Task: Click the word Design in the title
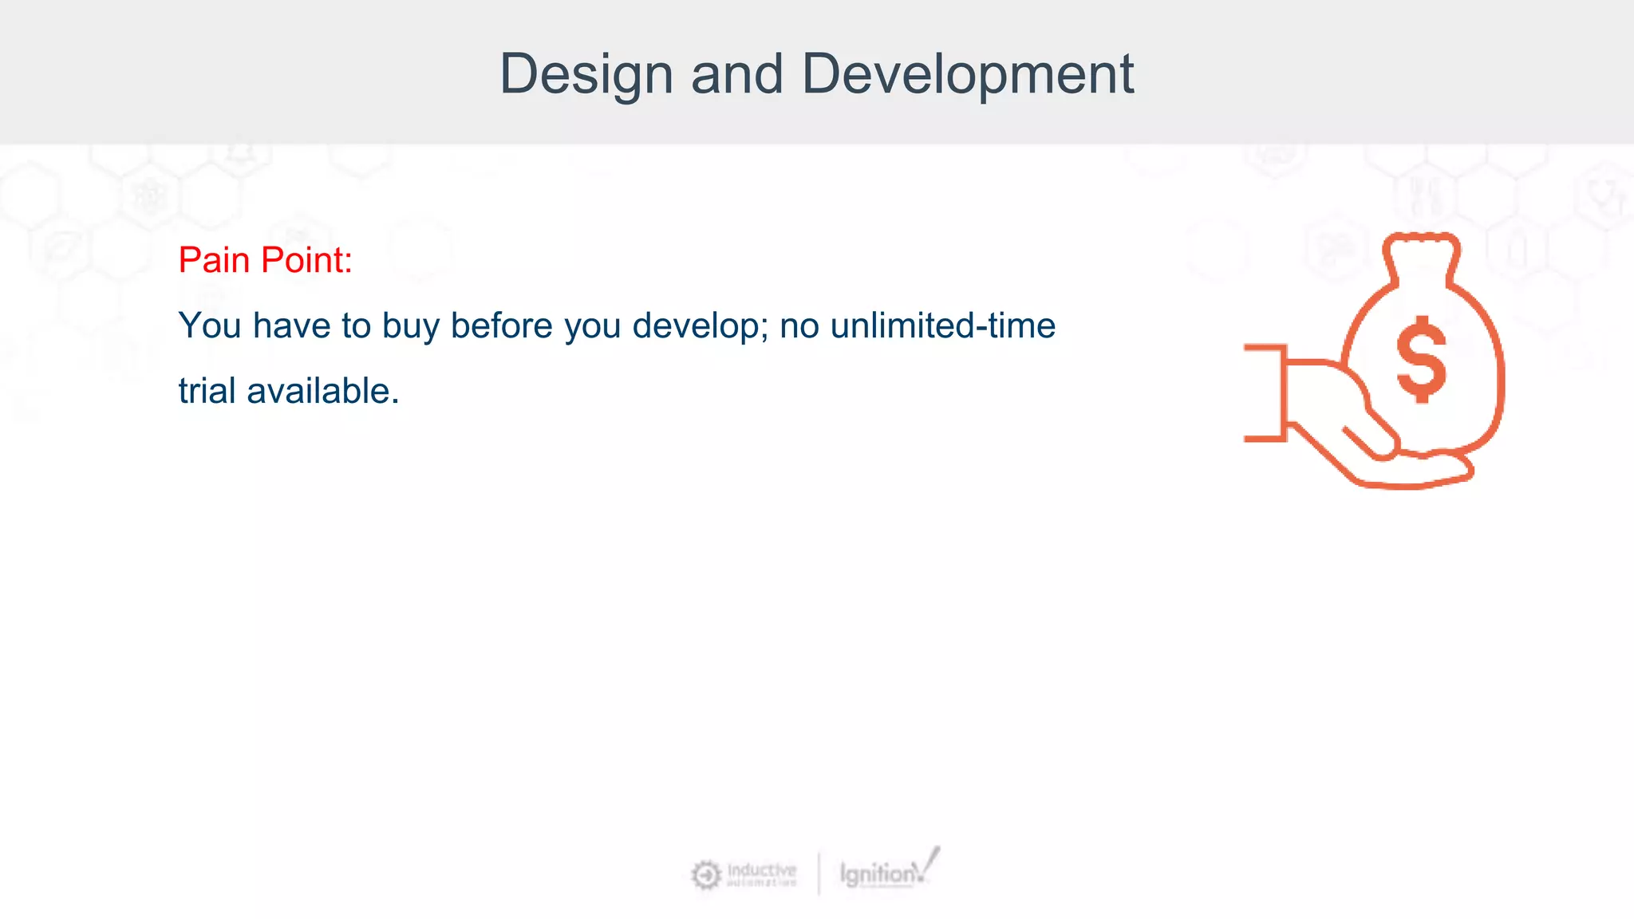point(586,74)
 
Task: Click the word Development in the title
point(967,74)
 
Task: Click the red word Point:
point(307,260)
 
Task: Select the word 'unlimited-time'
point(942,325)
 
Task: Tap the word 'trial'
point(207,391)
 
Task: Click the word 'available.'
point(322,391)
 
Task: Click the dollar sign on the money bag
point(1421,358)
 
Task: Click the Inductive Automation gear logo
point(705,875)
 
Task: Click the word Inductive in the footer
point(761,869)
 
